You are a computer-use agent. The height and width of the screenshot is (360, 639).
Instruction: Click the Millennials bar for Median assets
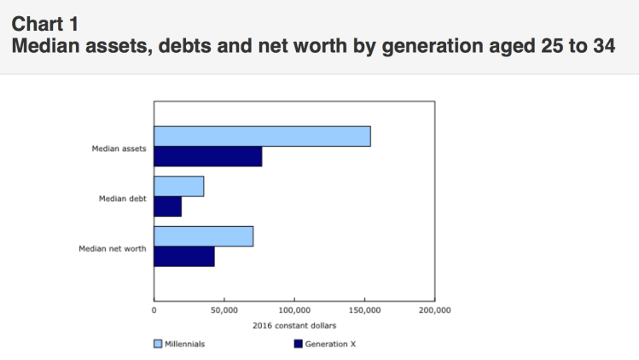(262, 136)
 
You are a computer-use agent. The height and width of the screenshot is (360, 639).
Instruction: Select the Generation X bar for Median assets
(207, 157)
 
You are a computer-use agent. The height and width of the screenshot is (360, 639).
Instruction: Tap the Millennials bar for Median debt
(178, 186)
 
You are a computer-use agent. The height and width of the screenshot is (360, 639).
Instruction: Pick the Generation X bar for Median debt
(167, 206)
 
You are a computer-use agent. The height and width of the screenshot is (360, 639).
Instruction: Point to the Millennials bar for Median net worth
(203, 236)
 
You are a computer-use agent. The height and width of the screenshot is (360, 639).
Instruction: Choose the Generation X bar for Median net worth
(183, 257)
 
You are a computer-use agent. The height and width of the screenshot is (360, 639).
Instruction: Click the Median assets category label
(119, 148)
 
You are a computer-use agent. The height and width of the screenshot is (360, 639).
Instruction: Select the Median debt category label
(123, 198)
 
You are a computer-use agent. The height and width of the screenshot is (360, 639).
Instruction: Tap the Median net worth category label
(113, 248)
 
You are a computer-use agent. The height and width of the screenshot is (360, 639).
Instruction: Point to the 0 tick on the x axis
(154, 311)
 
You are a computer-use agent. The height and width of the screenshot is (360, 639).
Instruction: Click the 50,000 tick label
(224, 311)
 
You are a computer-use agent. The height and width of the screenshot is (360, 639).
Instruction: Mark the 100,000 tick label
(293, 311)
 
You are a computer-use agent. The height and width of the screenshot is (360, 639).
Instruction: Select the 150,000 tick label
(364, 311)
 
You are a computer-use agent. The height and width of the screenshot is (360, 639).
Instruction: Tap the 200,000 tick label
(434, 311)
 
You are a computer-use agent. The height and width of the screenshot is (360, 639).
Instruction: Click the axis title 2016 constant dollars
(294, 326)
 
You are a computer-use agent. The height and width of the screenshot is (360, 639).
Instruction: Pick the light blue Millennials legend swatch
(158, 344)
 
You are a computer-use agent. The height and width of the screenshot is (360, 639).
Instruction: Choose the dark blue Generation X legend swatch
(298, 344)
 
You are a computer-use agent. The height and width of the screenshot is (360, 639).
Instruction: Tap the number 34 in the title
(602, 45)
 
